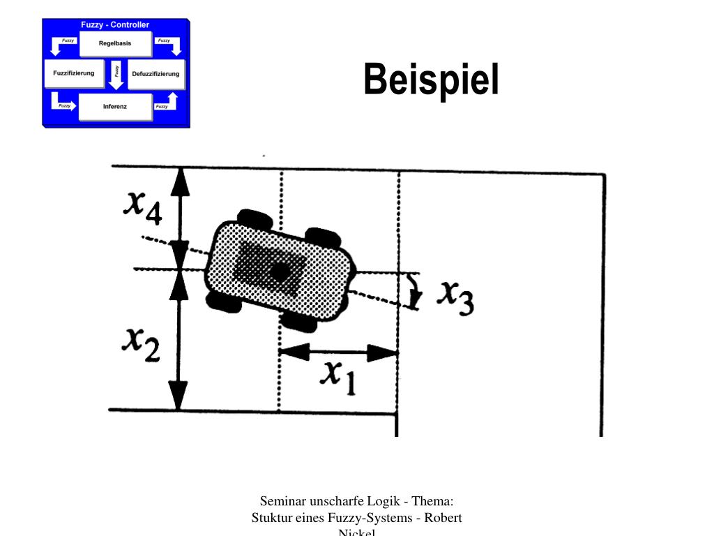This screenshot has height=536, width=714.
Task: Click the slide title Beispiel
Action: [x=431, y=80]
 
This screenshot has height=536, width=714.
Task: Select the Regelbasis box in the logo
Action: [x=114, y=44]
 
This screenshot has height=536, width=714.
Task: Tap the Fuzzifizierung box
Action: [x=73, y=73]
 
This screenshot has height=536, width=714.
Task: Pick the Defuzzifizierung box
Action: [x=155, y=74]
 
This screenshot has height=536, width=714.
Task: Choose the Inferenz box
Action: [x=114, y=107]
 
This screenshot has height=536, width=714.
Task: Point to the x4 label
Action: [x=142, y=206]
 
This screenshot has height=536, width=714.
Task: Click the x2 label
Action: [x=141, y=343]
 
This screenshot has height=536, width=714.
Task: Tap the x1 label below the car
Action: [x=338, y=377]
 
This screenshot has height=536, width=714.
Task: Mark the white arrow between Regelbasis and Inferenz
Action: [x=116, y=75]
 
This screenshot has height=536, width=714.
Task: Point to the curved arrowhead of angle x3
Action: [x=415, y=300]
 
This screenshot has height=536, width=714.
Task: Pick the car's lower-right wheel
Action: [x=298, y=322]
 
